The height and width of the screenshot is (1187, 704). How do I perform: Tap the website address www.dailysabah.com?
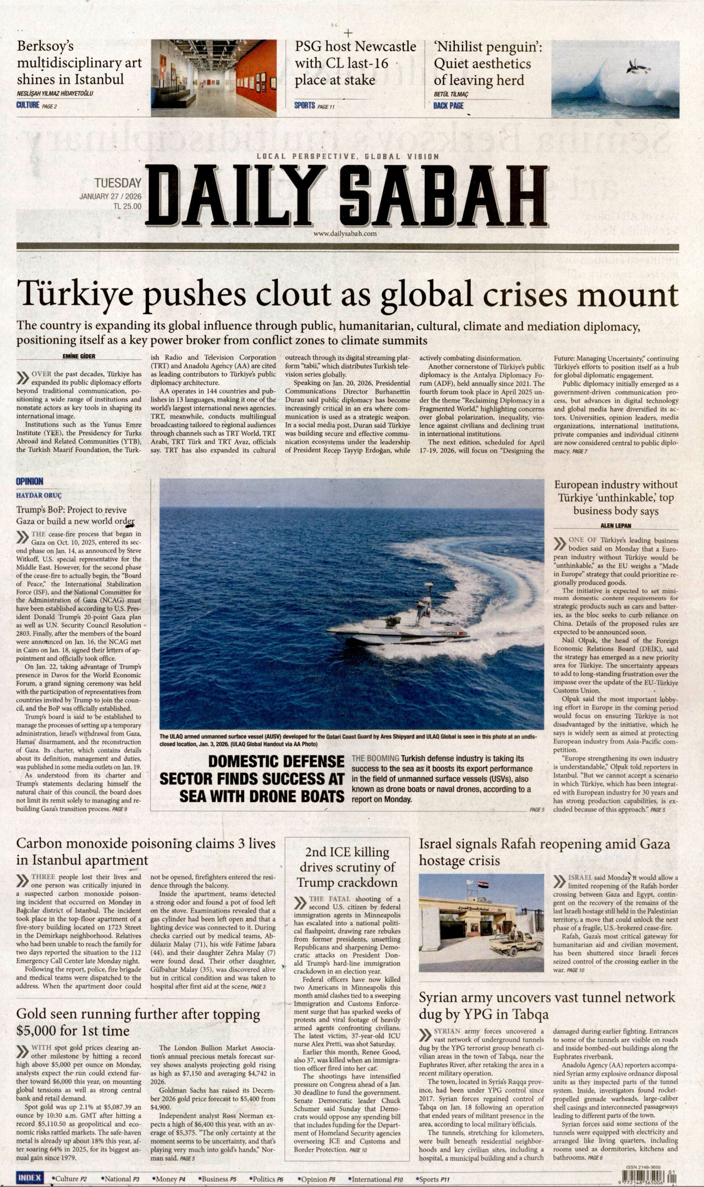pos(345,234)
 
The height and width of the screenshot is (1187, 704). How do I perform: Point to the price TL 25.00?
pos(127,207)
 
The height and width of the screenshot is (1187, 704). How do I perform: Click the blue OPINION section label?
pos(30,482)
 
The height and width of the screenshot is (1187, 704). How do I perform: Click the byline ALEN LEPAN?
pos(615,526)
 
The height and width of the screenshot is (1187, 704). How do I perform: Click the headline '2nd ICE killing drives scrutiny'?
pos(348,868)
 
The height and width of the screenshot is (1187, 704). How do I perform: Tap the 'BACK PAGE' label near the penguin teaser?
pos(448,106)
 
